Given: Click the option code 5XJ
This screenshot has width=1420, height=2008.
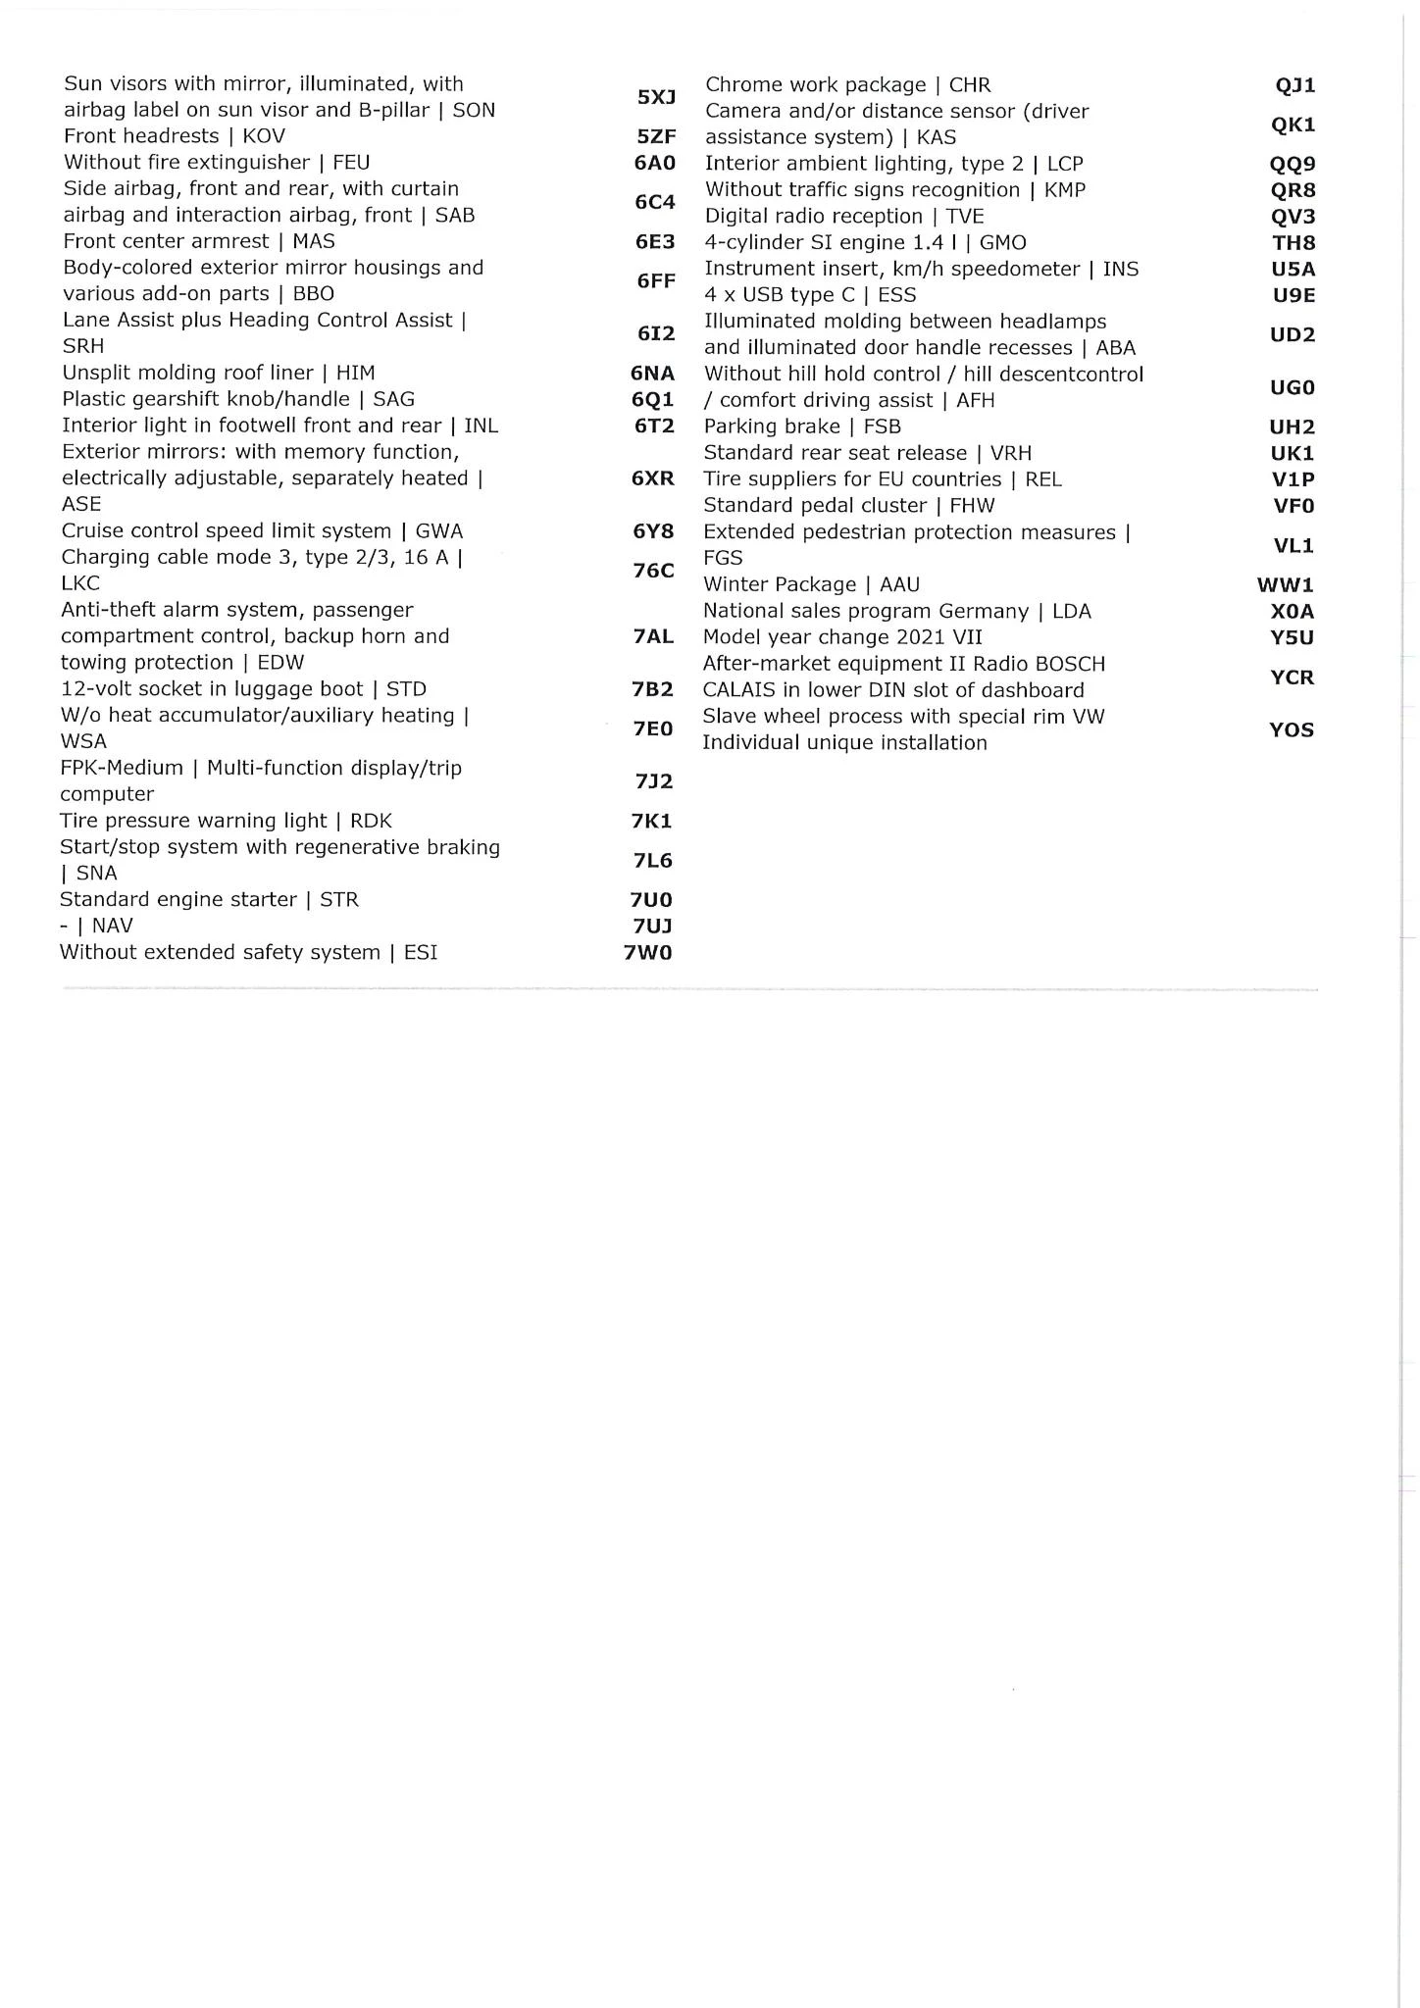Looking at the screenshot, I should click(656, 97).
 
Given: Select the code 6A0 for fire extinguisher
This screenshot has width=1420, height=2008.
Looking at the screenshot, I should click(654, 163).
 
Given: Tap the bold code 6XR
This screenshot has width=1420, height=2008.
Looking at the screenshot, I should click(653, 478).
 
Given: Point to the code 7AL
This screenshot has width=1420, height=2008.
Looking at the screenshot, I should click(653, 636).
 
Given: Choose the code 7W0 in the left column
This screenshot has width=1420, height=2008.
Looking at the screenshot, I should click(648, 952).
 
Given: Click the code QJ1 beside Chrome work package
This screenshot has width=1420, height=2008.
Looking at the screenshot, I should click(1294, 85).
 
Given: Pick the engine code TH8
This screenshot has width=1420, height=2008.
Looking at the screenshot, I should click(1293, 243).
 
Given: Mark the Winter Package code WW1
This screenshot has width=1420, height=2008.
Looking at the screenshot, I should click(1285, 585).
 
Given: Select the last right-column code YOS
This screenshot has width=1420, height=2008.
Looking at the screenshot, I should click(1291, 729).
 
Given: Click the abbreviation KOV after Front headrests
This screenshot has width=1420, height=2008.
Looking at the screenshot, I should click(264, 136).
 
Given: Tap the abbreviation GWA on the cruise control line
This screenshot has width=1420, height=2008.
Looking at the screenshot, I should click(438, 531).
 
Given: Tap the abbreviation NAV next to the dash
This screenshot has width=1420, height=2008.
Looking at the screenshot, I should click(112, 926).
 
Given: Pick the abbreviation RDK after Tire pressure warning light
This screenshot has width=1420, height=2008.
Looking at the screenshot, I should click(371, 821).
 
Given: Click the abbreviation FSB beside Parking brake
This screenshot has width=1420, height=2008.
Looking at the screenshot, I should click(882, 427).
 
